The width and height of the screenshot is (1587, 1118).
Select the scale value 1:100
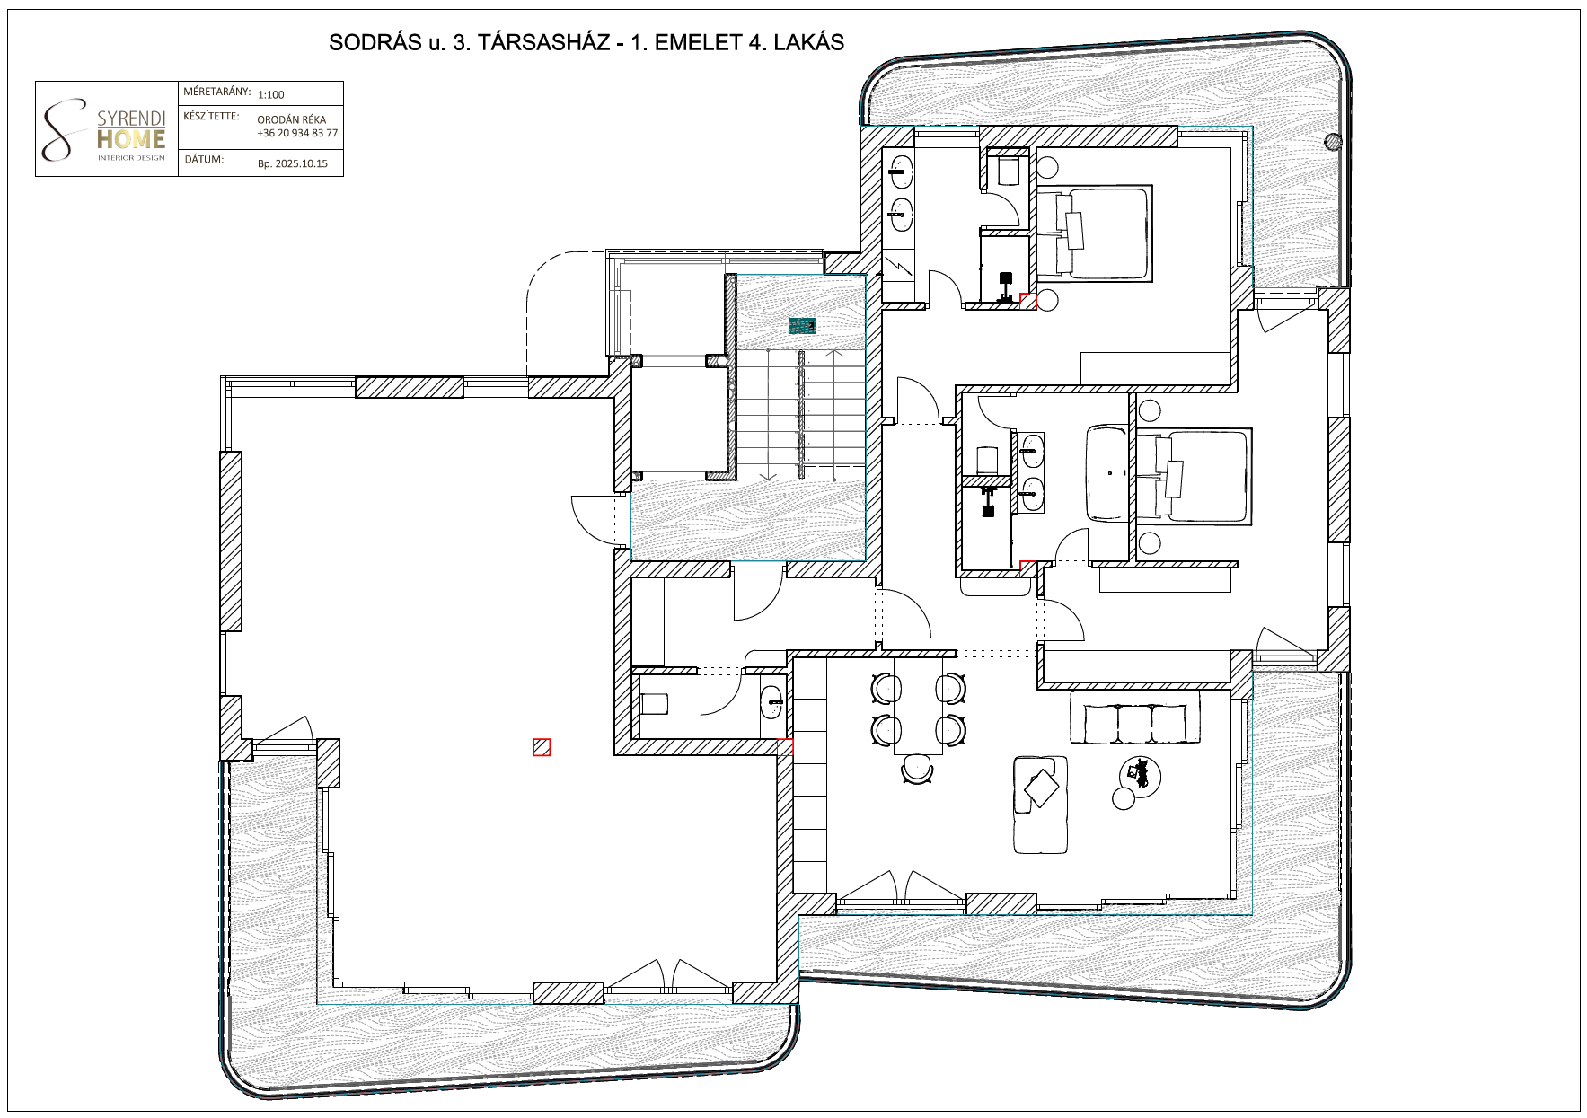pos(270,94)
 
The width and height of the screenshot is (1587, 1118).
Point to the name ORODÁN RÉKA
pos(292,119)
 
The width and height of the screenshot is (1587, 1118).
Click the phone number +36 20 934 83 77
pos(297,133)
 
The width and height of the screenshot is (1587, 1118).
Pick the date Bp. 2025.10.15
pos(293,163)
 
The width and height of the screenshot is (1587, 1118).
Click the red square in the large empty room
pos(542,747)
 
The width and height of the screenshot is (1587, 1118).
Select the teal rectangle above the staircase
pos(802,325)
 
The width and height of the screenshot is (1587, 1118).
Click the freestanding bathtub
pos(1110,473)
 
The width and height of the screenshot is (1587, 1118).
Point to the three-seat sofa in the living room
pos(1135,717)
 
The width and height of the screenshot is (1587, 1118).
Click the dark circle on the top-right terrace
pos(1334,140)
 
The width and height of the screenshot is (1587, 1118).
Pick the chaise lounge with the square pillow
pos(1040,805)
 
